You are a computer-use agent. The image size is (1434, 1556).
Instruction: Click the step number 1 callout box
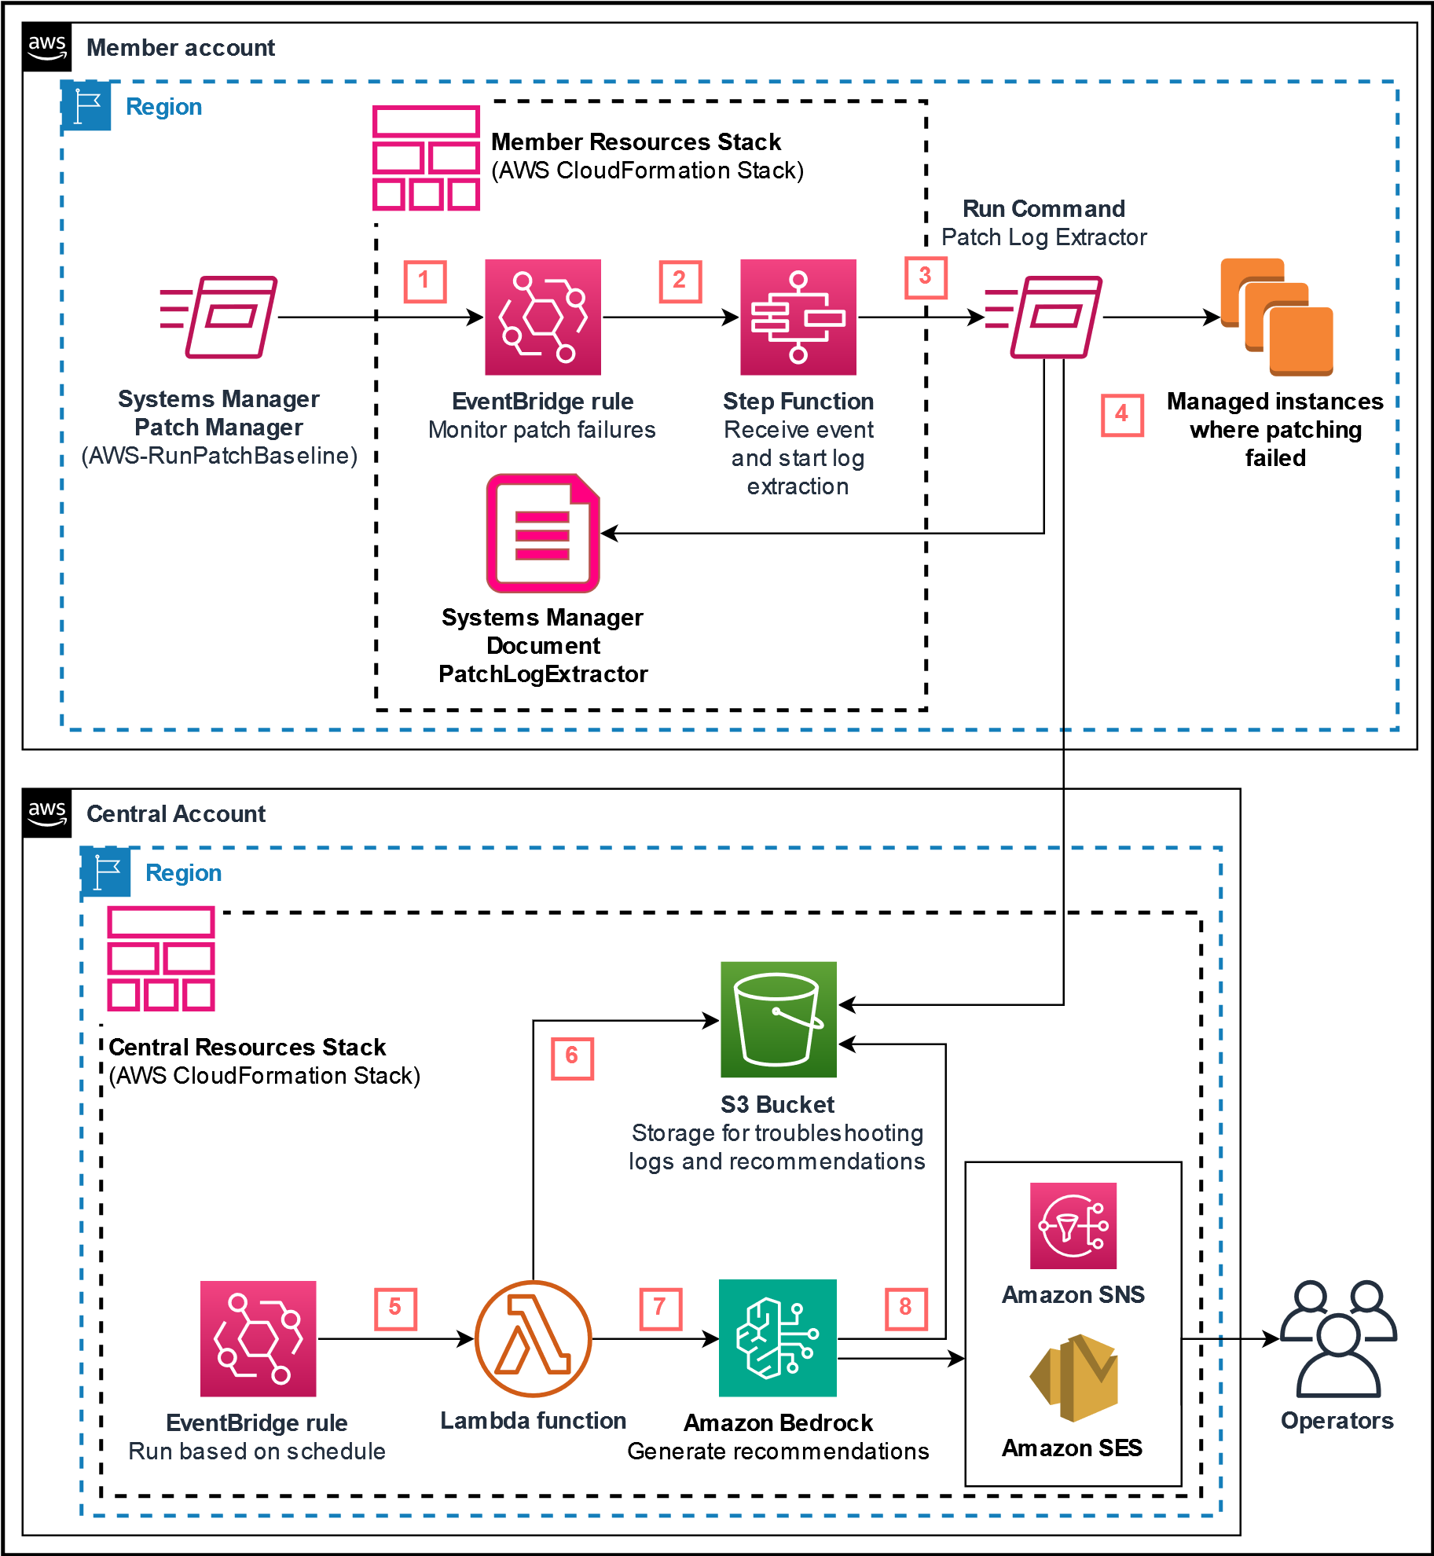point(425,281)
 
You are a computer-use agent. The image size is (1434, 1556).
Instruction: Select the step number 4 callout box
point(1121,415)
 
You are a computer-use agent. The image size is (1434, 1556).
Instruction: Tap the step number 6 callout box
point(572,1058)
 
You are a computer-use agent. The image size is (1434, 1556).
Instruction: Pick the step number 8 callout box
point(906,1308)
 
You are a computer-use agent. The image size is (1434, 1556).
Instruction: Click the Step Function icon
point(798,317)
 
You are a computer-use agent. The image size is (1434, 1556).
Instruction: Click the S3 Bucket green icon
point(778,1019)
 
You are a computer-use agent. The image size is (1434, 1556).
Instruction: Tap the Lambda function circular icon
point(534,1338)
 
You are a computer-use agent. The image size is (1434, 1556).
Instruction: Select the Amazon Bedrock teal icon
point(777,1338)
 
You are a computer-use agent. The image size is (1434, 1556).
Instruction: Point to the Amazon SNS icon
point(1073,1226)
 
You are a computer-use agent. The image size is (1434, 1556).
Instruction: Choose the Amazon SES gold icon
point(1073,1378)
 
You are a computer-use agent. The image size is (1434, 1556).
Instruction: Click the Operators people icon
point(1338,1338)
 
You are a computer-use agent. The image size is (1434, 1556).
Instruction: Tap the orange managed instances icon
point(1277,317)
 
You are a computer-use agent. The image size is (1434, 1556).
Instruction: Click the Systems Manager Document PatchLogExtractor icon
point(543,533)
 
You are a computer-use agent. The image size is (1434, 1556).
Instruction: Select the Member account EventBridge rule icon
point(543,317)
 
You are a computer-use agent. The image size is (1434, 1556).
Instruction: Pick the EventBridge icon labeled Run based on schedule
point(258,1338)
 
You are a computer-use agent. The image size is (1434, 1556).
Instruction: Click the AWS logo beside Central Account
point(47,813)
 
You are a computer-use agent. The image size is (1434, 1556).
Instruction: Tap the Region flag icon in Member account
point(86,105)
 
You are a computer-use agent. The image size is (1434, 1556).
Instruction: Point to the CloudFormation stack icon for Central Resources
point(161,959)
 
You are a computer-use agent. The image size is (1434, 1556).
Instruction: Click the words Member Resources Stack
point(636,141)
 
